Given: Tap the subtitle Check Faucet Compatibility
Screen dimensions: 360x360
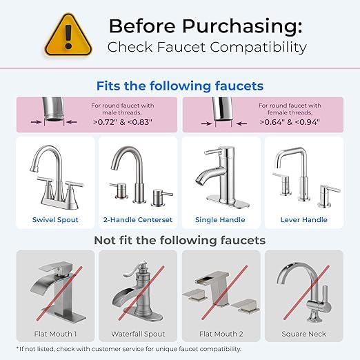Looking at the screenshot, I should [206, 48].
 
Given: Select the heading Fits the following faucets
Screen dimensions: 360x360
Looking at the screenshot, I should [180, 86].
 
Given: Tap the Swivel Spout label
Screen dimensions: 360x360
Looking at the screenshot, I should [55, 220].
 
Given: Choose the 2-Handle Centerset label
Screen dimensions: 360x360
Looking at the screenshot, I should [138, 220].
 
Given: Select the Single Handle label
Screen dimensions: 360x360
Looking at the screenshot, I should [221, 220].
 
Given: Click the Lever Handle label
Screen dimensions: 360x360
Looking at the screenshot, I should [304, 220].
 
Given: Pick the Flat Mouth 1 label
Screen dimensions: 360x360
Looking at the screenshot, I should [55, 334].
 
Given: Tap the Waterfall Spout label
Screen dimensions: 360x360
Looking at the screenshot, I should [138, 334].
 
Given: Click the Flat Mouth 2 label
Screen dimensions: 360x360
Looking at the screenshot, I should [221, 334].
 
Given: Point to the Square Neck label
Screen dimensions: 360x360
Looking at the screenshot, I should [304, 334].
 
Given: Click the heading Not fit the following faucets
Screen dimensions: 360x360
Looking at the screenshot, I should [180, 241].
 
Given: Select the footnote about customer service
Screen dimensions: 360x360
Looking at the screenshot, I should [128, 349].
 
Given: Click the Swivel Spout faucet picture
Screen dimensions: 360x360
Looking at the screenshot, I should [55, 176].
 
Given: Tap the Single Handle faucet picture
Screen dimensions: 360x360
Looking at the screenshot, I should [221, 176].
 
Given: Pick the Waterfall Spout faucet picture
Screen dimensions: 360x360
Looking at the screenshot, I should [138, 290].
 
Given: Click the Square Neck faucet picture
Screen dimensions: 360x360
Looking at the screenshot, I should [304, 290].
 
